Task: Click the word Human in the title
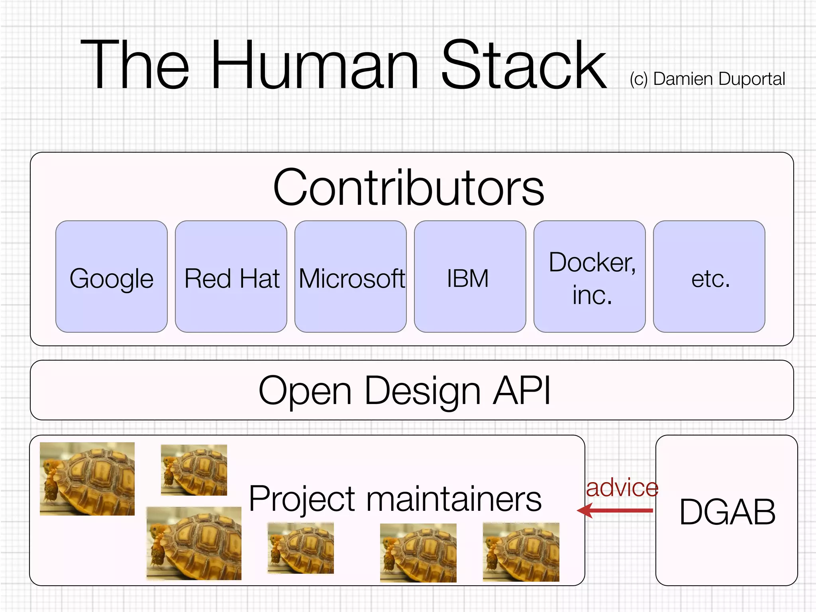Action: click(x=315, y=66)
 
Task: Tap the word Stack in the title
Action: click(x=524, y=66)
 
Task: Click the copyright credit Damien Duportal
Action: click(x=708, y=79)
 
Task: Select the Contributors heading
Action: click(x=408, y=187)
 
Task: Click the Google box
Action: click(x=112, y=277)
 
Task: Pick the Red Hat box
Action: click(x=231, y=277)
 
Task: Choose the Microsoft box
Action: click(x=351, y=277)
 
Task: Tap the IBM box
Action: click(x=470, y=277)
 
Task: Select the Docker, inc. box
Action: click(x=589, y=277)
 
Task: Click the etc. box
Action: click(x=709, y=277)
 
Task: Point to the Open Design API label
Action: click(x=404, y=390)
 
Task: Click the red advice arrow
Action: click(x=616, y=510)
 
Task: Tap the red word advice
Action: click(x=622, y=488)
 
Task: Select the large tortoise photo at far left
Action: click(x=87, y=479)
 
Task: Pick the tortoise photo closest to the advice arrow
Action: click(x=521, y=552)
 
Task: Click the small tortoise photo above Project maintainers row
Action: click(x=194, y=470)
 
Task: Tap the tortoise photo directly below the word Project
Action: click(x=300, y=548)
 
